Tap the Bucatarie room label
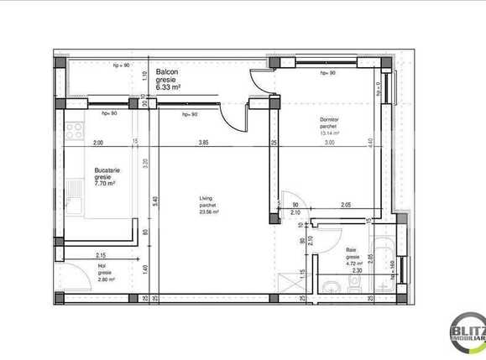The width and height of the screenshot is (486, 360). pyautogui.click(x=106, y=170)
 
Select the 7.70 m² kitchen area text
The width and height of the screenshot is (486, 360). pyautogui.click(x=105, y=183)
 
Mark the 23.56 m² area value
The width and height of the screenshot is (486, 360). pyautogui.click(x=208, y=212)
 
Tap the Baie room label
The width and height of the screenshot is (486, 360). pyautogui.click(x=352, y=251)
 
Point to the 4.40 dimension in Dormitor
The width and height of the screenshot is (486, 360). pyautogui.click(x=369, y=142)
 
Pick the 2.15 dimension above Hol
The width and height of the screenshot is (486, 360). pyautogui.click(x=101, y=254)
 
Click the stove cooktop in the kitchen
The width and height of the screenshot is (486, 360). pyautogui.click(x=73, y=131)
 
